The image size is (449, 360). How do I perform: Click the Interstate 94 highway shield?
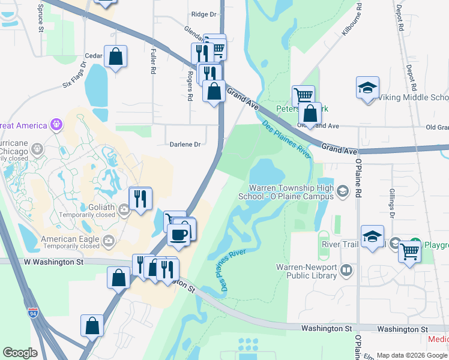click(x=32, y=313)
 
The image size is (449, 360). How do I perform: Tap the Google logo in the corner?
click(x=20, y=353)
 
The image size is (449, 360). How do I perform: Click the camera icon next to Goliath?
click(x=124, y=209)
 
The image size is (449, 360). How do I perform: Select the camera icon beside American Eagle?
click(x=109, y=241)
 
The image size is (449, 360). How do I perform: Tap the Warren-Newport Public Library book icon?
click(x=346, y=271)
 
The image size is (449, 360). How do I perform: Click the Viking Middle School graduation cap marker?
click(x=367, y=88)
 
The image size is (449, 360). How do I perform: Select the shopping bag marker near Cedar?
click(x=115, y=57)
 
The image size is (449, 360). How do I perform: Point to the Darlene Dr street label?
click(x=184, y=144)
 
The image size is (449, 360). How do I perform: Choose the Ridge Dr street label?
click(x=203, y=14)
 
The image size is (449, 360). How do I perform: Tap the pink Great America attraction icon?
click(x=56, y=125)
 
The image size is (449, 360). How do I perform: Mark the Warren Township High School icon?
click(x=342, y=191)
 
